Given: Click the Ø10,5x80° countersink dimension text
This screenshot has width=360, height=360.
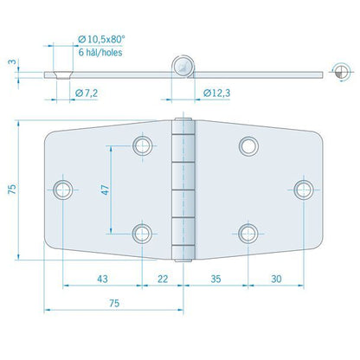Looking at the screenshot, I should (x=101, y=38).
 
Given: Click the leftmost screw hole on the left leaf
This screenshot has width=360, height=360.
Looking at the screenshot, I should (x=63, y=188).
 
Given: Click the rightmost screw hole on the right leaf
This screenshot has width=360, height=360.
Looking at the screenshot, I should (x=302, y=188).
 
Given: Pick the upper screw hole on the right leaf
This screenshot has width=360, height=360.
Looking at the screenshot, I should (x=248, y=145).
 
